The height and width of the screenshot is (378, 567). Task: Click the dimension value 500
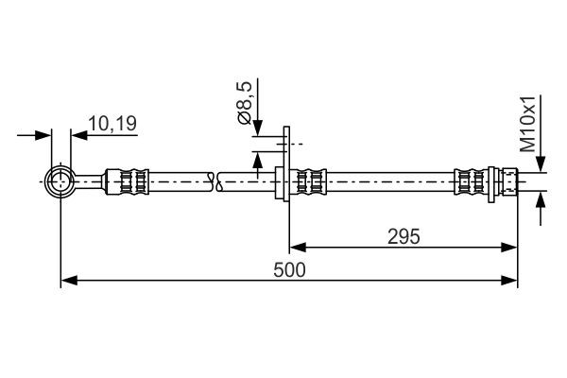tap(290, 269)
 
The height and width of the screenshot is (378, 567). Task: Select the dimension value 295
tap(403, 235)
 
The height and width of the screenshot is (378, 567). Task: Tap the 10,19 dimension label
tap(112, 122)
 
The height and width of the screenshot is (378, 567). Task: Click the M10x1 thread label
tap(528, 122)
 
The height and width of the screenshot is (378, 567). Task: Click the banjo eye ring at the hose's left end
tap(60, 179)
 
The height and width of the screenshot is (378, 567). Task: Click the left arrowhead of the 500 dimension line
tap(67, 281)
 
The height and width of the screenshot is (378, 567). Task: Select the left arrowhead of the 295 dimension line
tap(295, 248)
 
